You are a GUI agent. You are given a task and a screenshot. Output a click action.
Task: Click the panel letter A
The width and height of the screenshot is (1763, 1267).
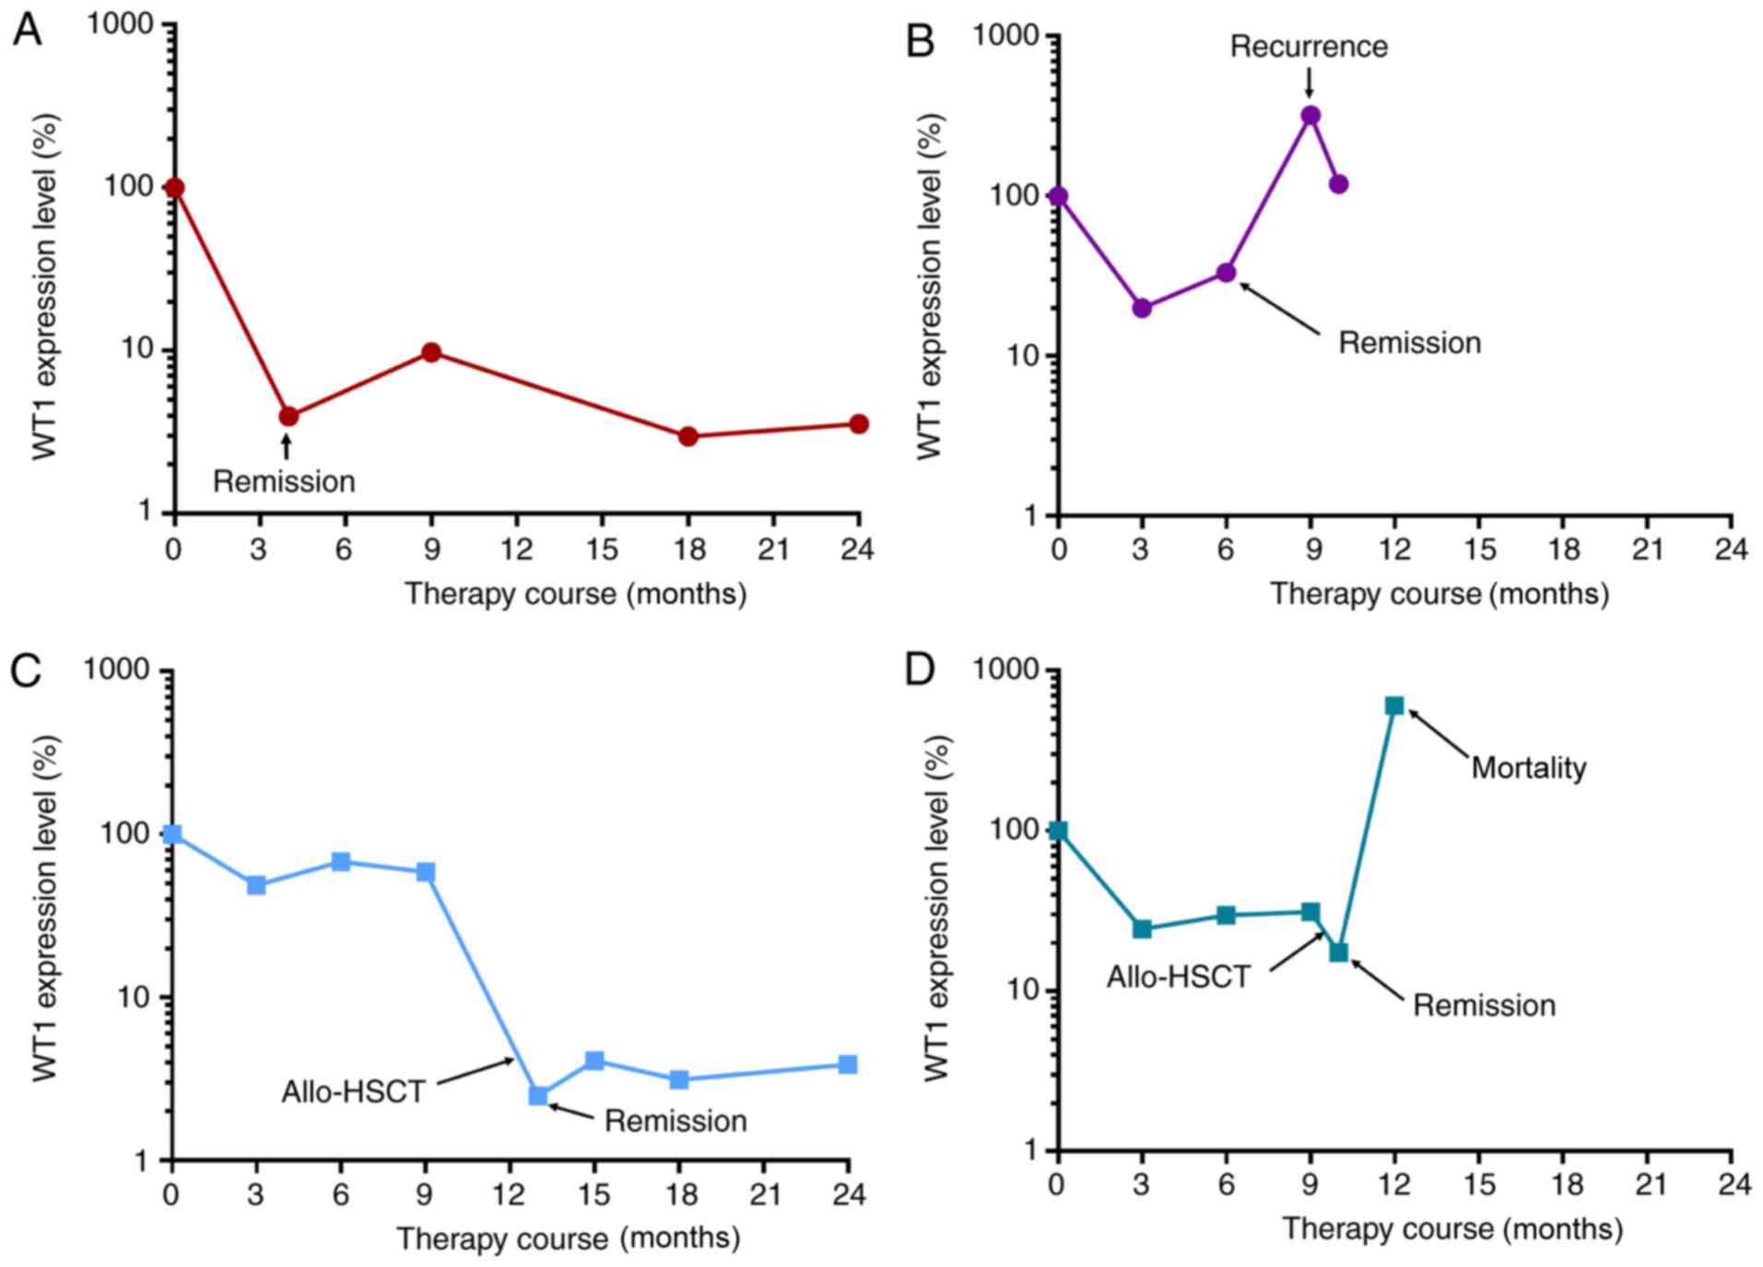pos(27,31)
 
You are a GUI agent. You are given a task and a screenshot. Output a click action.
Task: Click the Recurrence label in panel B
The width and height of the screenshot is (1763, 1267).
pos(1308,46)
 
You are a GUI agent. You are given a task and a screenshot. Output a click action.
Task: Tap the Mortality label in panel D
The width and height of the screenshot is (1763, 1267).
pos(1528,767)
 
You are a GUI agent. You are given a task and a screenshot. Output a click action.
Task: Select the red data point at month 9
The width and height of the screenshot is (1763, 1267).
pos(430,352)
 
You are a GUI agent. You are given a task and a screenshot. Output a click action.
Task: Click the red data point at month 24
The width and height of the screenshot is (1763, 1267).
pos(858,424)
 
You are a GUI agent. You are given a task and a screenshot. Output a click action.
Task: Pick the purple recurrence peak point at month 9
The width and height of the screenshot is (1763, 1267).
pos(1310,115)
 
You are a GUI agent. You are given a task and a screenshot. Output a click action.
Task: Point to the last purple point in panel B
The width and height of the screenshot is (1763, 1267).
pos(1338,184)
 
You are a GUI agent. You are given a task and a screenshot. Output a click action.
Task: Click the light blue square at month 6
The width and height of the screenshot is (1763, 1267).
pos(341,862)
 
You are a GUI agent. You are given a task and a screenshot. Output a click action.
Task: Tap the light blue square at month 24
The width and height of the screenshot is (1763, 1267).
pos(848,1064)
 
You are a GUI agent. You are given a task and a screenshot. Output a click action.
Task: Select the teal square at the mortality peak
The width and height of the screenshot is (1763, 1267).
pos(1394,706)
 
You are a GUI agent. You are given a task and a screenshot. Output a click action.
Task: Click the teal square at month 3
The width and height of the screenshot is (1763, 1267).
pos(1142,929)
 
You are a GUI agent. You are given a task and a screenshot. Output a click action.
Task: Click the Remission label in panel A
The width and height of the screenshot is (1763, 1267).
pos(284,481)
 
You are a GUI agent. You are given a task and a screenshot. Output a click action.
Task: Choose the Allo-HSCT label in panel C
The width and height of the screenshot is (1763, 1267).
pos(353,1092)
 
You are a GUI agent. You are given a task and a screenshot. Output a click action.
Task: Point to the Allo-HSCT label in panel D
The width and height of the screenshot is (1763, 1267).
pos(1178,977)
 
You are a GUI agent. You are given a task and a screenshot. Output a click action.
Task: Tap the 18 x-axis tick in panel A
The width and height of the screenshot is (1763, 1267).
pos(688,551)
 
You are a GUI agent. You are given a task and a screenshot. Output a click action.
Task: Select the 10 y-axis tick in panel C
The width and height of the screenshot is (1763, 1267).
pos(128,998)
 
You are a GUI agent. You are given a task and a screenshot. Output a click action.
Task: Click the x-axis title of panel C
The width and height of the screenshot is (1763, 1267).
pos(568,1237)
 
